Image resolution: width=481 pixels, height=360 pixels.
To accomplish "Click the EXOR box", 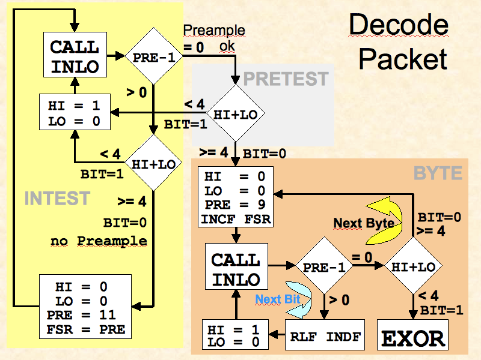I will (413, 337).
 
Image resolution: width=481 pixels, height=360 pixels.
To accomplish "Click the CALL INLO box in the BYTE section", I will (236, 269).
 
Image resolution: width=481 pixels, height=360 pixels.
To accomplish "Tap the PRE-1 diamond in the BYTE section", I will (325, 265).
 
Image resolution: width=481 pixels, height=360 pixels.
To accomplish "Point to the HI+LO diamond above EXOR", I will (413, 265).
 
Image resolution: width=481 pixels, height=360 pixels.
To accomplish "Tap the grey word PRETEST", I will (286, 79).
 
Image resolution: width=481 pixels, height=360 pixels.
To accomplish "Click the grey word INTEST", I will (57, 197).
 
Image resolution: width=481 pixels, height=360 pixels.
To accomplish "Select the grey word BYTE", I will (438, 173).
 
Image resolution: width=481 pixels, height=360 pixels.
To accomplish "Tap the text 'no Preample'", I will (98, 241).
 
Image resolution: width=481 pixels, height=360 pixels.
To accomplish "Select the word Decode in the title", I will (399, 25).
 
